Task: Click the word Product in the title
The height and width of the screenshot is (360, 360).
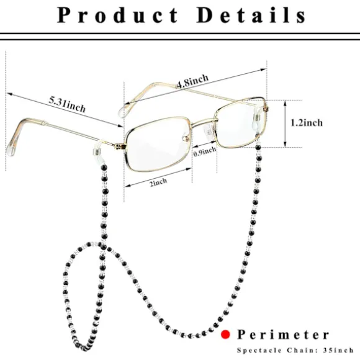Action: (117, 15)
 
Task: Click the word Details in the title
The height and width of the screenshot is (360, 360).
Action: (251, 15)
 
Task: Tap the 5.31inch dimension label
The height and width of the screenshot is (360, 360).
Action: (67, 105)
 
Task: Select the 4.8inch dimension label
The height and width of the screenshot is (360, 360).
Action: (192, 81)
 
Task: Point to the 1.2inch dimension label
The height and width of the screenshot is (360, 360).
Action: (307, 123)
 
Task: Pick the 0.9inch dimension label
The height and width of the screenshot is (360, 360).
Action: (205, 151)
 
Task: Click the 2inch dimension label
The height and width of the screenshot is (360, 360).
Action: (158, 182)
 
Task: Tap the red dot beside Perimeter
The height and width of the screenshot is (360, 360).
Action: (225, 335)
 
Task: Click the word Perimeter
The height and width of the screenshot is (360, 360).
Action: (283, 335)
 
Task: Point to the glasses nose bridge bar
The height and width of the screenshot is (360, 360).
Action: (202, 122)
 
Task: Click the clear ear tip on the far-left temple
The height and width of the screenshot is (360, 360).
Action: (11, 146)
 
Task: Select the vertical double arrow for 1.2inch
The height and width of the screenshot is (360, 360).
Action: (285, 124)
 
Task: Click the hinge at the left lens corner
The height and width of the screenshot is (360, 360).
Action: (120, 146)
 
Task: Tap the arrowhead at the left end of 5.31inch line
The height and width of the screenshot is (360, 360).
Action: (9, 94)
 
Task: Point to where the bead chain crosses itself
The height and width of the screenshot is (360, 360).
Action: (102, 246)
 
